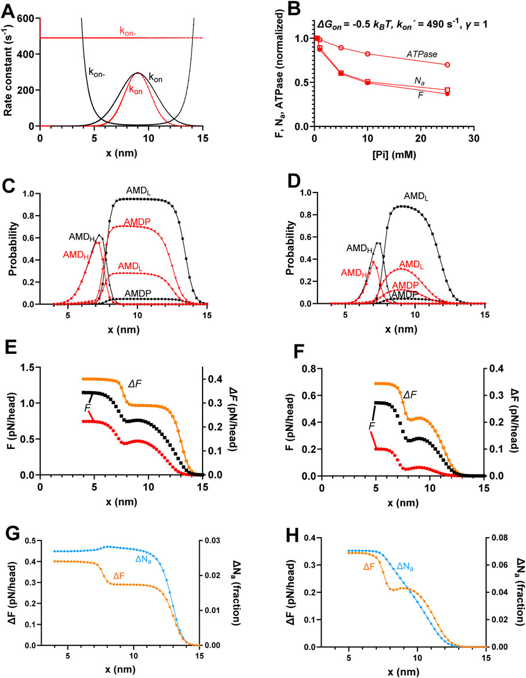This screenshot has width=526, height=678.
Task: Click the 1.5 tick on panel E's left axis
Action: [x=26, y=367]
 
